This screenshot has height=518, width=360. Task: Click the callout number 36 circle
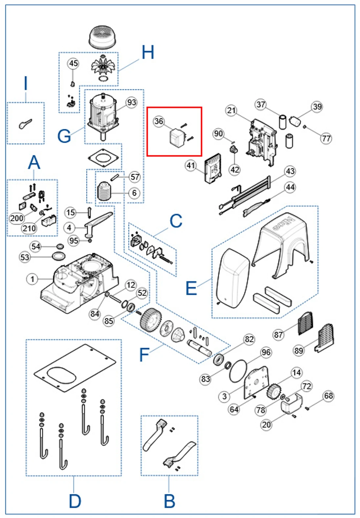click(x=159, y=121)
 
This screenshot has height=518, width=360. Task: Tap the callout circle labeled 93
click(x=132, y=102)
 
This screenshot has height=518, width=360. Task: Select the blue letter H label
click(x=148, y=52)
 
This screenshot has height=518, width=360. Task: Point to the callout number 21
click(x=232, y=110)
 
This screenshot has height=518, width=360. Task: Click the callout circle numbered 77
click(x=326, y=138)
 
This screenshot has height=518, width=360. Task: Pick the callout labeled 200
click(x=17, y=218)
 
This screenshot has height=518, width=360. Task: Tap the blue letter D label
click(x=75, y=501)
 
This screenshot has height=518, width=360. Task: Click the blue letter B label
click(x=169, y=501)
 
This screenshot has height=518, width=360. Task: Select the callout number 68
click(x=328, y=396)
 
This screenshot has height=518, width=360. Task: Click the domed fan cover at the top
click(x=102, y=37)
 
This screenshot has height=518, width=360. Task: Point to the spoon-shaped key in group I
click(x=25, y=124)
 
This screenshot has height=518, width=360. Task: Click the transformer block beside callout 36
click(x=176, y=137)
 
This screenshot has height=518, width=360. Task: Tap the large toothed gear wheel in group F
click(x=150, y=319)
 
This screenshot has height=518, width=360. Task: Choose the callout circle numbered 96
click(x=266, y=352)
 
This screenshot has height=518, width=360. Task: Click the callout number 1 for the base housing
click(x=32, y=279)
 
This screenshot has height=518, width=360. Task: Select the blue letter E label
click(x=191, y=288)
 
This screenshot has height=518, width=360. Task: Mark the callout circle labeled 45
click(x=74, y=63)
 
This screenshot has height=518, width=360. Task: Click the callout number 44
click(x=290, y=187)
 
